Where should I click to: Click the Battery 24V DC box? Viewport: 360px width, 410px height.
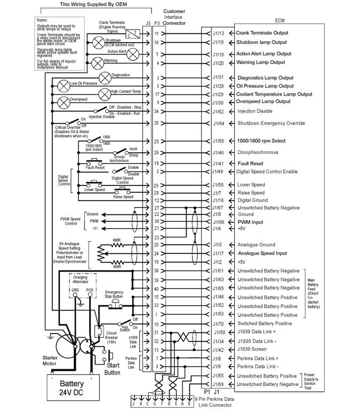click(x=71, y=387)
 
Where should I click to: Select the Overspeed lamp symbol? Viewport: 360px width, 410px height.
click(x=64, y=102)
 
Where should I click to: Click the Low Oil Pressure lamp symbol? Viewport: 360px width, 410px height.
click(x=63, y=84)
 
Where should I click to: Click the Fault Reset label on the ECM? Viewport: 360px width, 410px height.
click(x=250, y=163)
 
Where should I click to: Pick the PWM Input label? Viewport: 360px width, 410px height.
click(x=252, y=221)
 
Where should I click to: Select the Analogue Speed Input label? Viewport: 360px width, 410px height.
click(x=263, y=253)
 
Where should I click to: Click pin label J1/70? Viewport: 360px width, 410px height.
click(x=218, y=323)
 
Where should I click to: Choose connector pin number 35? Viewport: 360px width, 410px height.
click(x=157, y=123)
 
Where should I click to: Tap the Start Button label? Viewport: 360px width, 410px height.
click(x=113, y=369)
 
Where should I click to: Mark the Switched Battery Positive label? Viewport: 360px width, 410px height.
click(x=264, y=323)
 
